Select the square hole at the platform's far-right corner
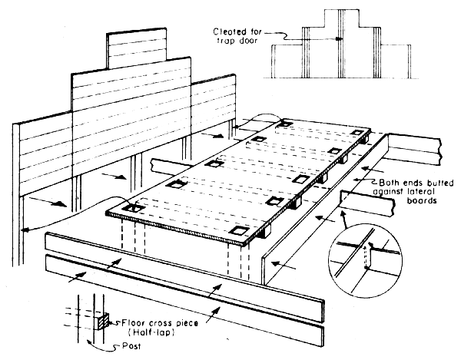click(x=355, y=134)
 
